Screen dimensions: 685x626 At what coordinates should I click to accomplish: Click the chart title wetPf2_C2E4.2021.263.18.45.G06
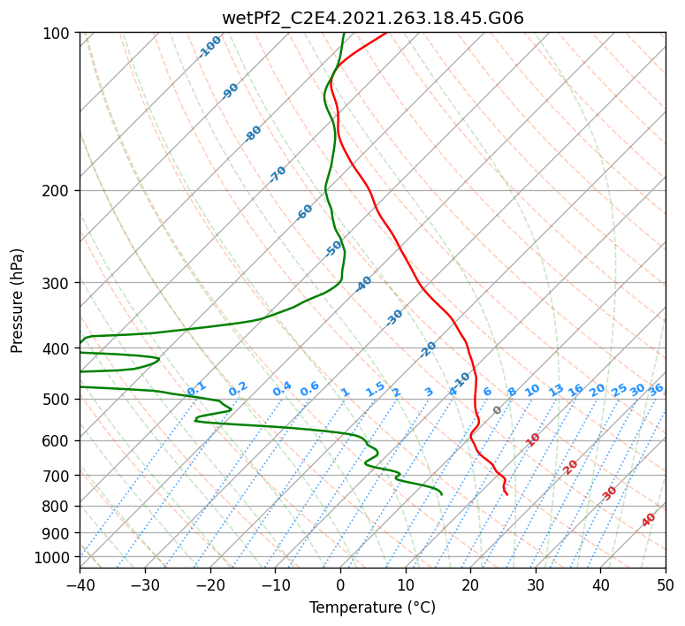point(373,18)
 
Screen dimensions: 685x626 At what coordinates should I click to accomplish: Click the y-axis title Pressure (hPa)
point(16,301)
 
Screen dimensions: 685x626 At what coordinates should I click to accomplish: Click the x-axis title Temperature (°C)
point(373,607)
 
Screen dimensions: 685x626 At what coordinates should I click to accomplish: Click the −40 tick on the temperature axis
point(80,584)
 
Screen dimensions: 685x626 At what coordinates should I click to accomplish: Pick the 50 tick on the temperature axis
point(666,584)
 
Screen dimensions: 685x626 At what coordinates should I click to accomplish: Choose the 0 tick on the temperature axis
point(341,584)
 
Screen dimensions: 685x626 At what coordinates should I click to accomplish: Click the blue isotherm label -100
point(209,47)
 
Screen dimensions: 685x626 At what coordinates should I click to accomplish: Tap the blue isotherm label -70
point(278,174)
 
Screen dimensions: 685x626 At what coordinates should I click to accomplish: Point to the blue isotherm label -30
point(394,317)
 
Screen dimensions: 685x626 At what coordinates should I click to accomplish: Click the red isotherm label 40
point(648,520)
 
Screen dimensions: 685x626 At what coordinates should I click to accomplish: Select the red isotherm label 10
point(533,439)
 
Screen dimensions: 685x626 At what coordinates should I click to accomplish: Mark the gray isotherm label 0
point(497,410)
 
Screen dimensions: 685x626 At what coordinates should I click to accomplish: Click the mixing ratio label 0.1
point(196,389)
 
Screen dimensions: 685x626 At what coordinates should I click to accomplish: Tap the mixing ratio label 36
point(656,390)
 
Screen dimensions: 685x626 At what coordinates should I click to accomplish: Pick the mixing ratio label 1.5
point(376,389)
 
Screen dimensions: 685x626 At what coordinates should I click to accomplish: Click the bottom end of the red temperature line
point(506,494)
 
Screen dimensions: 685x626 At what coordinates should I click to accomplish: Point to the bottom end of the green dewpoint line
point(442,494)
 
